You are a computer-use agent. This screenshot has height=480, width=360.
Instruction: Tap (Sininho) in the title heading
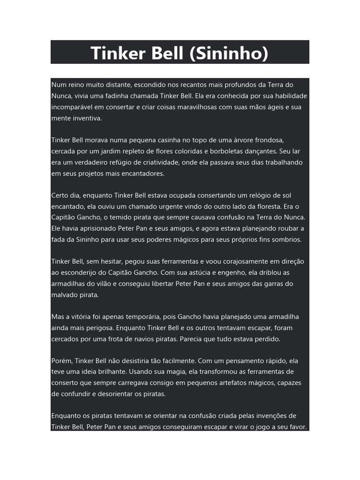(229, 53)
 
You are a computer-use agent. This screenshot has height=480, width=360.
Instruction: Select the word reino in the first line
(77, 85)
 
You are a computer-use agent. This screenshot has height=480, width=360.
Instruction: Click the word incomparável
(74, 107)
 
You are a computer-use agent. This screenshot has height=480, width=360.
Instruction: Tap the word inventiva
(87, 118)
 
